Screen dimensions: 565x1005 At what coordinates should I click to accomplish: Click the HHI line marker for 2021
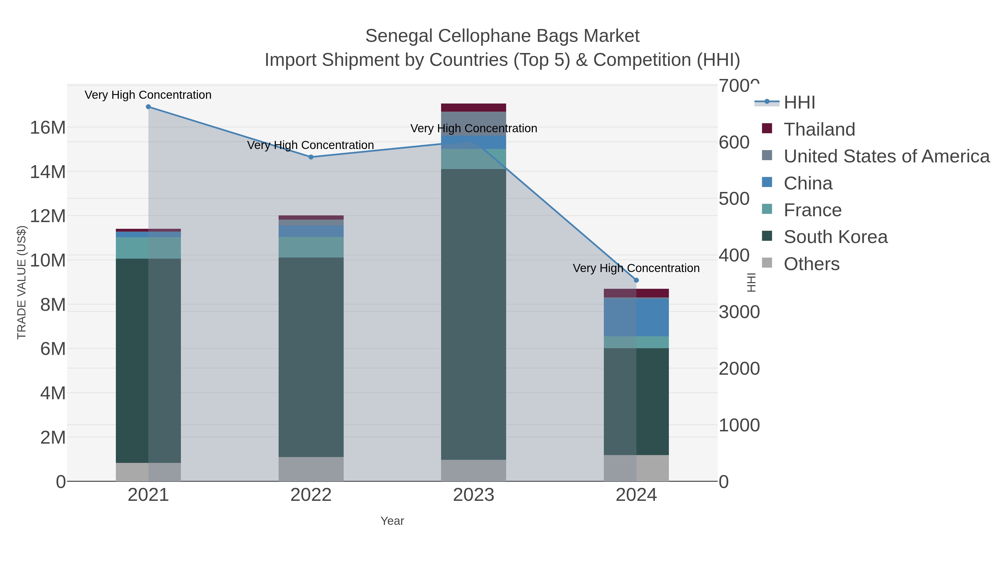[x=148, y=107]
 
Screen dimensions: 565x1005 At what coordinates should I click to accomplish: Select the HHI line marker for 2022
[x=311, y=157]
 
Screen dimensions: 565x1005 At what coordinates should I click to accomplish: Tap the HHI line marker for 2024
[x=636, y=280]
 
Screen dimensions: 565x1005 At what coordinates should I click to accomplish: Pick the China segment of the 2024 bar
[x=636, y=317]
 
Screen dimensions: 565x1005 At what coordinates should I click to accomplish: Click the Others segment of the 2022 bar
[x=311, y=469]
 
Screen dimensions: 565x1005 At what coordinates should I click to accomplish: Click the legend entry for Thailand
[x=819, y=129]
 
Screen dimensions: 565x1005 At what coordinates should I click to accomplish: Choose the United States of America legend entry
[x=886, y=156]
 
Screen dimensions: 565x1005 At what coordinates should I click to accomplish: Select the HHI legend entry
[x=799, y=103]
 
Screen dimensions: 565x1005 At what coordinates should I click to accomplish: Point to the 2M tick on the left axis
[x=53, y=437]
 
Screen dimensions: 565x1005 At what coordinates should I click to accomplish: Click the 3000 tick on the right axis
[x=739, y=312]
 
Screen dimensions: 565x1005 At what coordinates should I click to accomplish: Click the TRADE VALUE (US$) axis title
[x=21, y=282]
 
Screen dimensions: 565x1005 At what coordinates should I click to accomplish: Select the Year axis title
[x=392, y=521]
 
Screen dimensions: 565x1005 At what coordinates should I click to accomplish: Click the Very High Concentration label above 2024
[x=636, y=268]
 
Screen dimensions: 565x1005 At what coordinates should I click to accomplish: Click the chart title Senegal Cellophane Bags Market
[x=502, y=36]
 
